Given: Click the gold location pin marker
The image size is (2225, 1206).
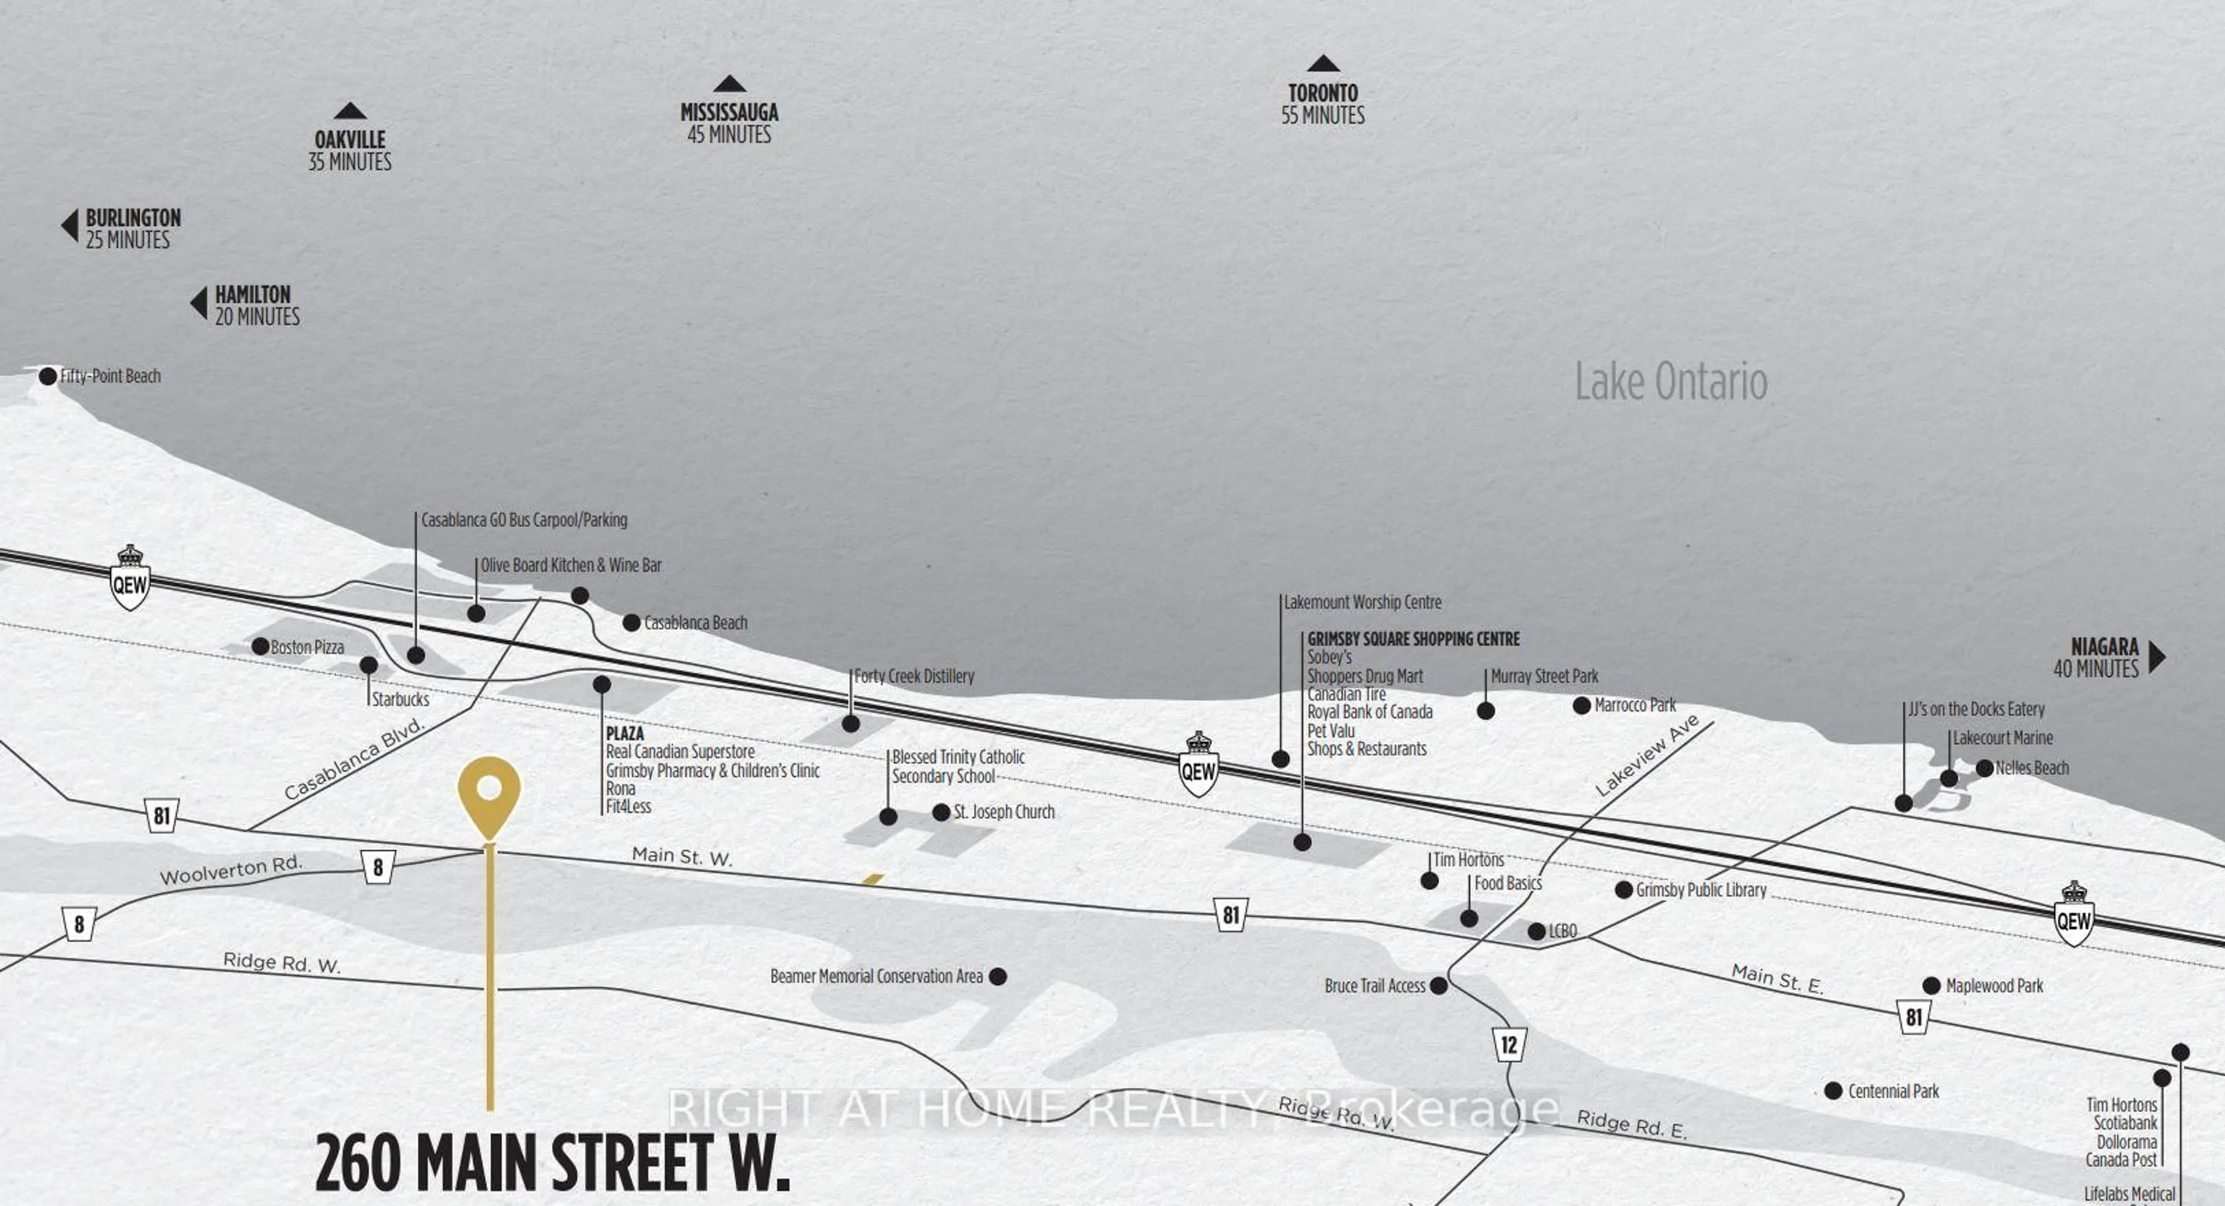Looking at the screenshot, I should [489, 793].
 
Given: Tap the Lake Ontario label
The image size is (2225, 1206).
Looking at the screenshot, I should [1670, 382].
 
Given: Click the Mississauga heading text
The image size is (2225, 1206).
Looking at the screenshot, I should [729, 112].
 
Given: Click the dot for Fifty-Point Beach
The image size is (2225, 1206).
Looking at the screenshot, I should [48, 376].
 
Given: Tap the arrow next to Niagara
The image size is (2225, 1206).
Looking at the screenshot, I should [2157, 657].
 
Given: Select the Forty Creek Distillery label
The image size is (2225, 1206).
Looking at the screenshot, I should [914, 676].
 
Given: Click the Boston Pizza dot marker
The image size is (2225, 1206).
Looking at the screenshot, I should [260, 646].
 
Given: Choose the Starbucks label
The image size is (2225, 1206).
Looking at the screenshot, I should [400, 699].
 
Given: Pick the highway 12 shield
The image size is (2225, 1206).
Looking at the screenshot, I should [1508, 1044].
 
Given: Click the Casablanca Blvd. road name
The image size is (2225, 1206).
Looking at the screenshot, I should [355, 759].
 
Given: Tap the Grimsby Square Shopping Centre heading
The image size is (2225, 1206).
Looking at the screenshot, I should [1413, 639].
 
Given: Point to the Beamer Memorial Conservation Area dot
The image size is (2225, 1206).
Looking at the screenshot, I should [998, 976].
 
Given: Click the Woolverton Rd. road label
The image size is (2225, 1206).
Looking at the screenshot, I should [232, 869].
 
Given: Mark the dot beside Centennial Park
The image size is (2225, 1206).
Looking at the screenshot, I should [1833, 1091].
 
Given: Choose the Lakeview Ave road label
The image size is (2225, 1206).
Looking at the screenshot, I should [1646, 755].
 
